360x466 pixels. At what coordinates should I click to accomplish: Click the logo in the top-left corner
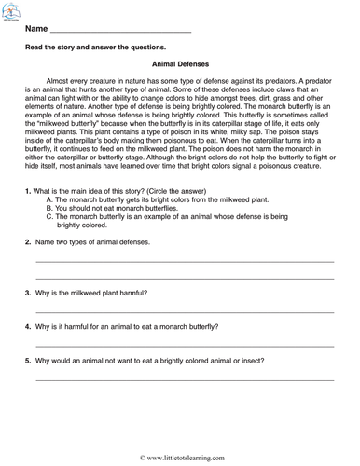click(11, 11)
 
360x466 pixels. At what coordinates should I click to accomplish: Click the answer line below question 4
click(185, 347)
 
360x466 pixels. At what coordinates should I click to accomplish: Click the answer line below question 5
click(185, 379)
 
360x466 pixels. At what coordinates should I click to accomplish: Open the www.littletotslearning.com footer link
click(184, 459)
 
